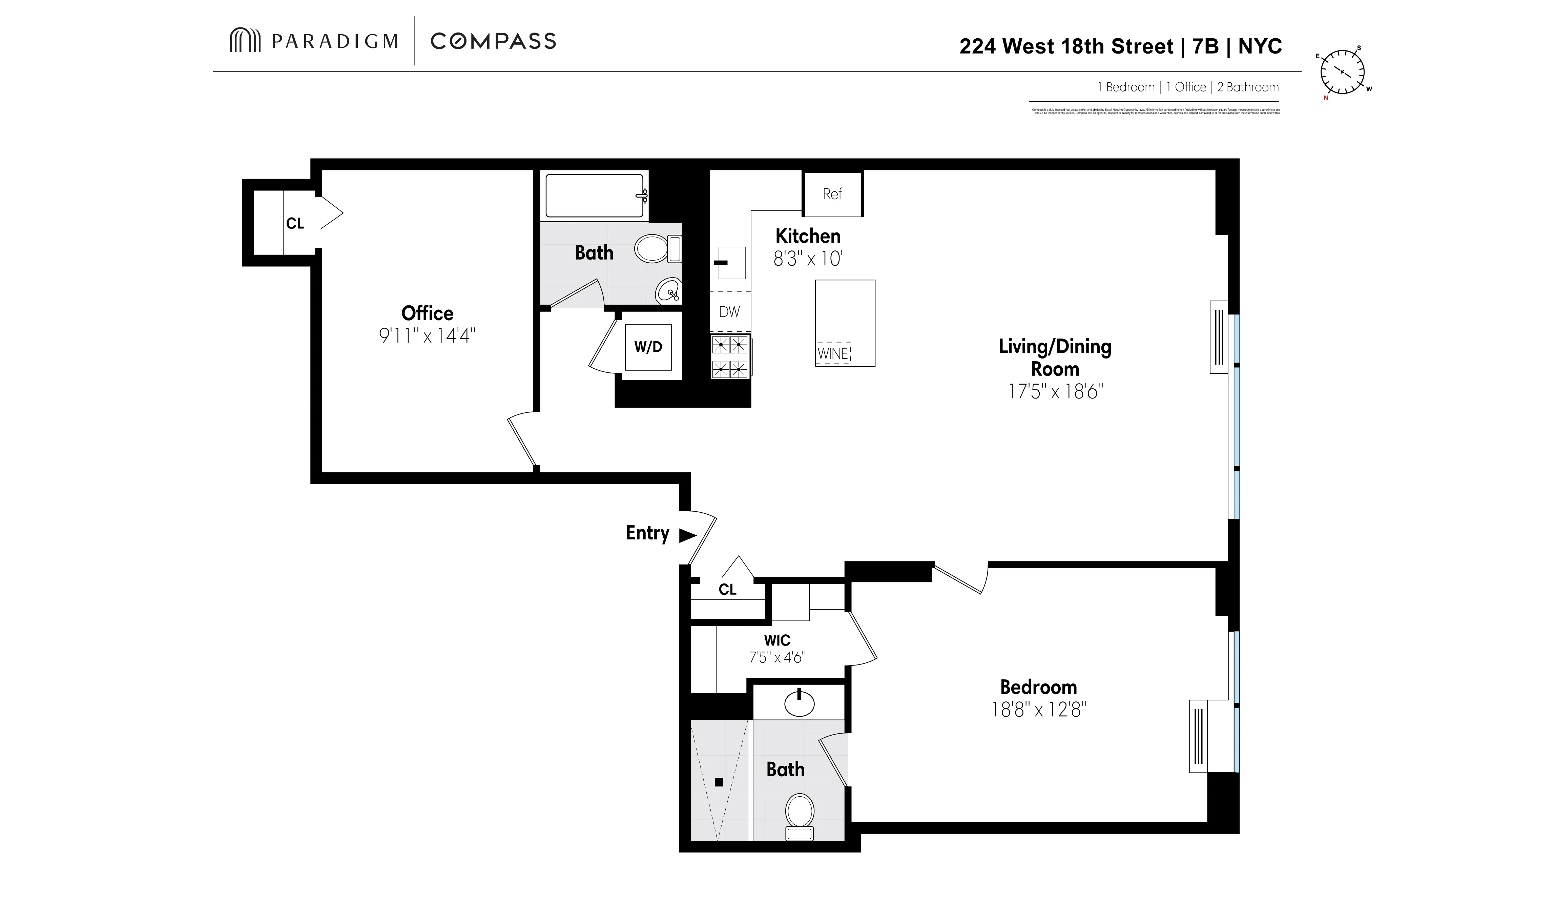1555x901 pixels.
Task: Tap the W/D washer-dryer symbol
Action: point(648,347)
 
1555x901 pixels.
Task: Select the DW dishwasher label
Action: point(729,312)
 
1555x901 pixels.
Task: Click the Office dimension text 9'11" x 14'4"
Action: point(427,336)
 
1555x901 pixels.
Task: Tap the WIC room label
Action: point(777,640)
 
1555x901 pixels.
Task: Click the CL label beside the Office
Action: point(295,223)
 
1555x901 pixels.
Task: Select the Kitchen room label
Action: point(808,236)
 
